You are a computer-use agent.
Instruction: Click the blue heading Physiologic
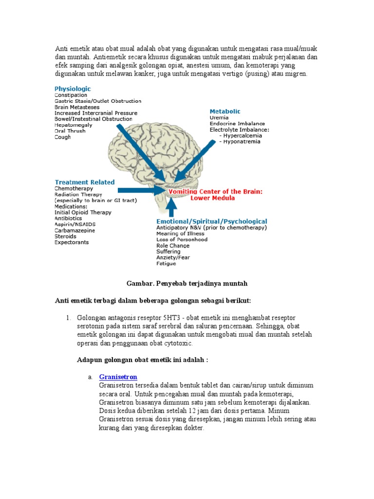(73, 89)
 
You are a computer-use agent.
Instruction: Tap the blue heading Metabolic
(225, 112)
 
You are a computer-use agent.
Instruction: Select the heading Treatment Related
(85, 182)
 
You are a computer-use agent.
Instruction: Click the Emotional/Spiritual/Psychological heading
(211, 221)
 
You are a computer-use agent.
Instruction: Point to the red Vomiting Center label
(215, 195)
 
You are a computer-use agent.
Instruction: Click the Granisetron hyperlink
(118, 377)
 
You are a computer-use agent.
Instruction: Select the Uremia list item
(219, 118)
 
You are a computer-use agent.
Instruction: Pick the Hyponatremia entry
(242, 142)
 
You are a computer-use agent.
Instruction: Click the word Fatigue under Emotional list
(166, 264)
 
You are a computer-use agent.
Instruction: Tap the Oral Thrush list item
(70, 131)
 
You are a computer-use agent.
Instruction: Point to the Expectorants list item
(72, 242)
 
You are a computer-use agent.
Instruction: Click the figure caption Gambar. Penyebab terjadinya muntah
(187, 284)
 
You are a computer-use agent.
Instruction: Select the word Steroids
(65, 236)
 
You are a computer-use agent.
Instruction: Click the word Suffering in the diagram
(168, 251)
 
